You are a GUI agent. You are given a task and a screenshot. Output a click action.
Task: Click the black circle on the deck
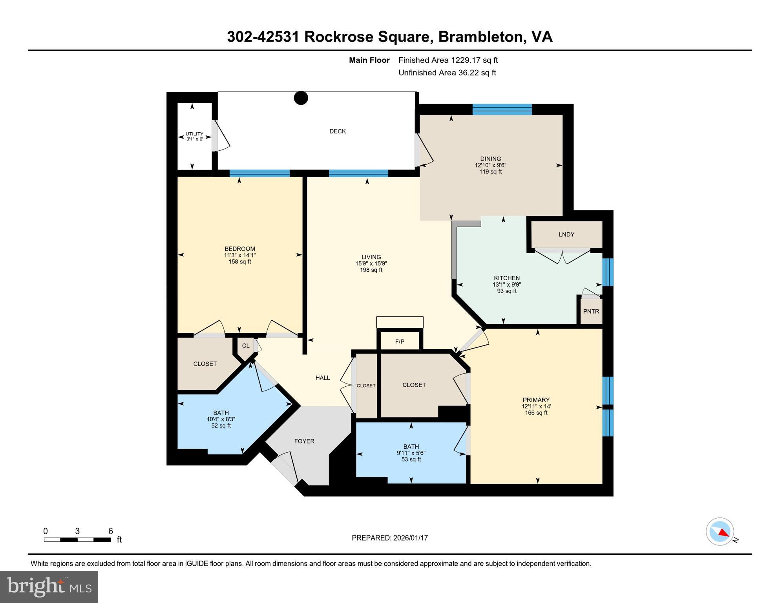coord(301,98)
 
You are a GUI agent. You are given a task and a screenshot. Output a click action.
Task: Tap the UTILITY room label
coord(194,134)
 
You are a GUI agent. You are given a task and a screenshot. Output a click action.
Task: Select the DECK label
coord(337,131)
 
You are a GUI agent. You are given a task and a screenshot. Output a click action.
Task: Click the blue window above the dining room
coord(502,109)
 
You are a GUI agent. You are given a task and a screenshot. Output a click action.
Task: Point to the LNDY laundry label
coord(566,234)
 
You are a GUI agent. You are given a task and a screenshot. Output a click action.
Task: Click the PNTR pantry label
coord(591,311)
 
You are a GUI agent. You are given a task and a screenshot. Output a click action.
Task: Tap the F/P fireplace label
coord(400,342)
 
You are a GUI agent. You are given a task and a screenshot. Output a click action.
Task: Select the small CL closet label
coord(245,345)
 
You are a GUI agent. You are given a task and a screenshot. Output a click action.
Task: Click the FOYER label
coord(304,441)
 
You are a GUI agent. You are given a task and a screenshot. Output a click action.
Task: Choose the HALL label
coord(323,378)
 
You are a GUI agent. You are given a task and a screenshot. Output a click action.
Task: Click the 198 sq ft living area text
coord(371,270)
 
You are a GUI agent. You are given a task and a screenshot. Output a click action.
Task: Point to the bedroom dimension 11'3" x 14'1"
coord(239,255)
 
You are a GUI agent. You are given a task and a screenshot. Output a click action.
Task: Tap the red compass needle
coord(724,533)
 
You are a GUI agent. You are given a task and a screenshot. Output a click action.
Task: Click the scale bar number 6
coord(111,531)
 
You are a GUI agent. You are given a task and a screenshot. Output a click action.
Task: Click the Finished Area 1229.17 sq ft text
coord(448,60)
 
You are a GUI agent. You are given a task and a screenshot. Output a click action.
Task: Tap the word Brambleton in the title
coord(482,37)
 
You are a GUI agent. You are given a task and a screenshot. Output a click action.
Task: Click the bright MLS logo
coord(49,587)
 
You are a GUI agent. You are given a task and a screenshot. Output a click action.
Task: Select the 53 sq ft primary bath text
coord(411,459)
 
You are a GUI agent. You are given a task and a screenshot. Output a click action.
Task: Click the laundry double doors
coord(563,256)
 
